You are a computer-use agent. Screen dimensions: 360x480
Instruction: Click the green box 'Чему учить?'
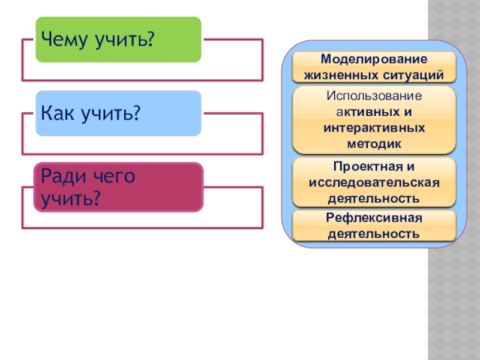[x=118, y=40]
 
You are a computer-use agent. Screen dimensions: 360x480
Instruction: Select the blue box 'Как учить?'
[x=118, y=113]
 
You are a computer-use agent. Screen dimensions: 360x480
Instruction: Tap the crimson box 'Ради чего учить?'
[x=118, y=187]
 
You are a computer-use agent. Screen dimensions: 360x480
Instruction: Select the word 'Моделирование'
[x=374, y=60]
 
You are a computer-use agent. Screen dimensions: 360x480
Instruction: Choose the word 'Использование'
[x=374, y=96]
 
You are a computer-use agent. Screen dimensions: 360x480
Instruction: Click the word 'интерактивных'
[x=374, y=128]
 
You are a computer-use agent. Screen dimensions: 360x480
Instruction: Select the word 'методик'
[x=374, y=144]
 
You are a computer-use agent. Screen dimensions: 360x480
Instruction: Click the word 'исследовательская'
[x=374, y=182]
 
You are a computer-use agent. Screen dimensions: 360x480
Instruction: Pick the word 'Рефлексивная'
[x=374, y=217]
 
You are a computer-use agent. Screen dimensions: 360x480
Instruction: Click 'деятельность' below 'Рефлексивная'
[x=374, y=233]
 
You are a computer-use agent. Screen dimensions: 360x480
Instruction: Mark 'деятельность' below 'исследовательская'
[x=374, y=197]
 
